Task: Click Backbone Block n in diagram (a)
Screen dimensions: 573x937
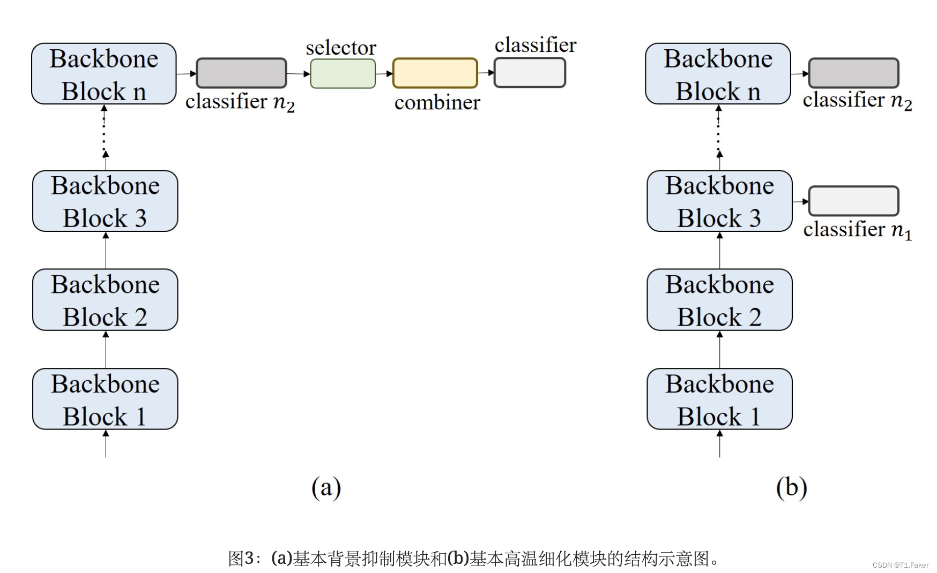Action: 104,74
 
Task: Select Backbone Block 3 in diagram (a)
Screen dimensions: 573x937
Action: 105,201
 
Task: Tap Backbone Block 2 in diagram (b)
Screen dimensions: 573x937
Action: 719,300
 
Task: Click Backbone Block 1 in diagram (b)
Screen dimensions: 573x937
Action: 719,399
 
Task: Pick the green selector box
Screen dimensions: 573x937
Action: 343,73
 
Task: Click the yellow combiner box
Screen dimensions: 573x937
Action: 435,73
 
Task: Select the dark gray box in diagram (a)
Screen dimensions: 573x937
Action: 241,73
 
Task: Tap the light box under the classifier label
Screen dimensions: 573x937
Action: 530,72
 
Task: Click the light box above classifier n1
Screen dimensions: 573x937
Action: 853,201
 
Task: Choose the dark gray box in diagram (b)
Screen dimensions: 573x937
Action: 853,73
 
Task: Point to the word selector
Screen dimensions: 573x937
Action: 341,48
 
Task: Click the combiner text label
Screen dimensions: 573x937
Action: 437,102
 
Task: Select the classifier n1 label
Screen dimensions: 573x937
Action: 857,230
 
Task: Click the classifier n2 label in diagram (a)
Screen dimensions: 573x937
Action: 240,102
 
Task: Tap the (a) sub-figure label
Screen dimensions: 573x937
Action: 326,487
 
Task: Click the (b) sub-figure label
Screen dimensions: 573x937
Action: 791,487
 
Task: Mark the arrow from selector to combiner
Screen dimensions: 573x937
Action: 384,73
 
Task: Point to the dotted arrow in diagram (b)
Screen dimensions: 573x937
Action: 719,134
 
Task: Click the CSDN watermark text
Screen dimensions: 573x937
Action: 900,565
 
